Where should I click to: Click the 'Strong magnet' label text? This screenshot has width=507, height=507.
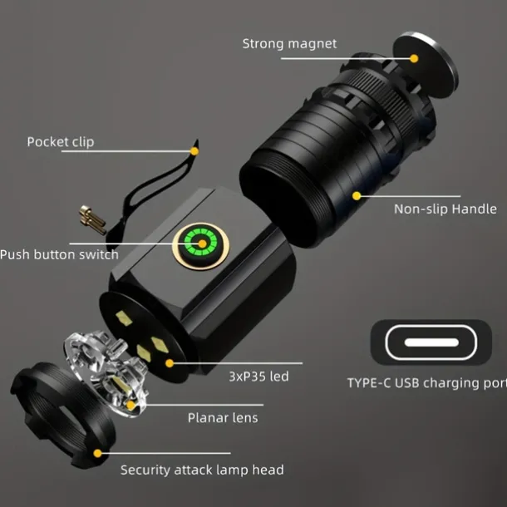coord(289,44)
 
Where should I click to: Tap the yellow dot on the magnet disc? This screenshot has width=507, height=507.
coord(414,58)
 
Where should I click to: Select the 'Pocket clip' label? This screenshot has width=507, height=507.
coord(61,142)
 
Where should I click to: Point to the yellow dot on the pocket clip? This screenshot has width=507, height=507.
coord(194,151)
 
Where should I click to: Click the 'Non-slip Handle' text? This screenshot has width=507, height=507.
coord(445,209)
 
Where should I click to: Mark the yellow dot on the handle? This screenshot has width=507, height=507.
coord(357,195)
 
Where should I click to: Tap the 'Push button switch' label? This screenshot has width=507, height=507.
coord(59,254)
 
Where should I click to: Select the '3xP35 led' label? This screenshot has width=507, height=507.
coord(258,377)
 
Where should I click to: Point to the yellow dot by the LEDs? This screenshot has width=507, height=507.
coord(169,363)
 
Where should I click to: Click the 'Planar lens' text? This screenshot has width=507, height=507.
coord(223,418)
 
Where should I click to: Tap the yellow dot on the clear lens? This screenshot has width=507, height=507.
coord(130,405)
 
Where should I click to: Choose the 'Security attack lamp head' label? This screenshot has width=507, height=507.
coord(202,470)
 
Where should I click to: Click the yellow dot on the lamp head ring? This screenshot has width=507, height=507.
coord(97,453)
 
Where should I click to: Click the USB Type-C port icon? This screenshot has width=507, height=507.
coord(431,342)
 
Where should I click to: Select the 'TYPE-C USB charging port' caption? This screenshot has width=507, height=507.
coord(427,383)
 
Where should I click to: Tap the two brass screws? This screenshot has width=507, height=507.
coord(92,219)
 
